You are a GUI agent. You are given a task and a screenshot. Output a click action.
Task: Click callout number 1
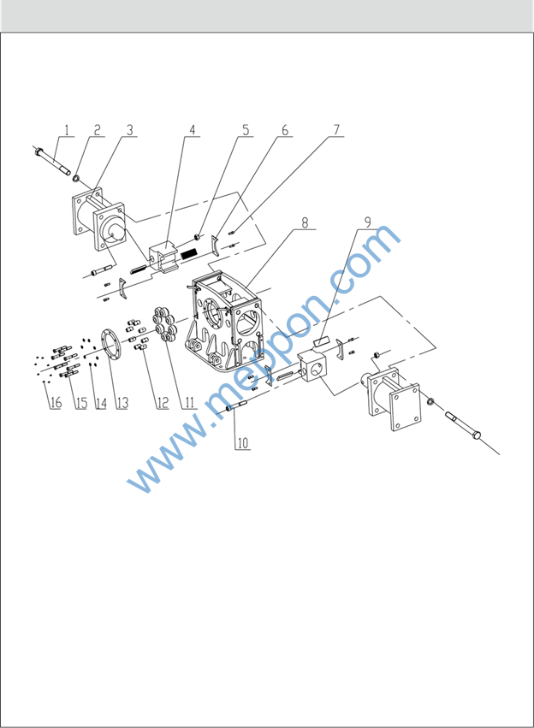coord(67,130)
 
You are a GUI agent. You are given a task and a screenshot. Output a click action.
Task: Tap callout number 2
coord(97,130)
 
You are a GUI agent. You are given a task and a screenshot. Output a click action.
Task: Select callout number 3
coord(129,130)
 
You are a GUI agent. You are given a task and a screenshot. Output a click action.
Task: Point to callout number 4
coord(193,130)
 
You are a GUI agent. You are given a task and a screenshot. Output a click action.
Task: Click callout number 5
coord(246,130)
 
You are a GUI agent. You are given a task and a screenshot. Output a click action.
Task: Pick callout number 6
coord(285,130)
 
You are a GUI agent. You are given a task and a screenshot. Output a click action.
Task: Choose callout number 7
coord(336,130)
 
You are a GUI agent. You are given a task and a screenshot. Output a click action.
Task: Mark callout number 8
coord(305,222)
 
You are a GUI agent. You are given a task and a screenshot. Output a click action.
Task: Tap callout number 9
coord(368,222)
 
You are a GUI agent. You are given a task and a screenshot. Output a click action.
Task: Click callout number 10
coord(243,443)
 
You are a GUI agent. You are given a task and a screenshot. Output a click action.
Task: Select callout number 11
coord(189,402)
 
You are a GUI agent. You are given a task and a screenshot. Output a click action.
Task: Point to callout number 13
coord(122,402)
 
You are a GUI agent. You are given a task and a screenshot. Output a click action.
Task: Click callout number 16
coord(56,402)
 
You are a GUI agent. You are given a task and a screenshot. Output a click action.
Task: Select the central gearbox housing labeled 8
coord(225,322)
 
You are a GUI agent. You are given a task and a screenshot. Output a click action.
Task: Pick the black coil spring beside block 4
coord(189,253)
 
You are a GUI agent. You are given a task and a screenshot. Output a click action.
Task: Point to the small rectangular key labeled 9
coord(321,341)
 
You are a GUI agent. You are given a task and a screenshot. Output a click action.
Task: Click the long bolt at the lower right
coord(463,424)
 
